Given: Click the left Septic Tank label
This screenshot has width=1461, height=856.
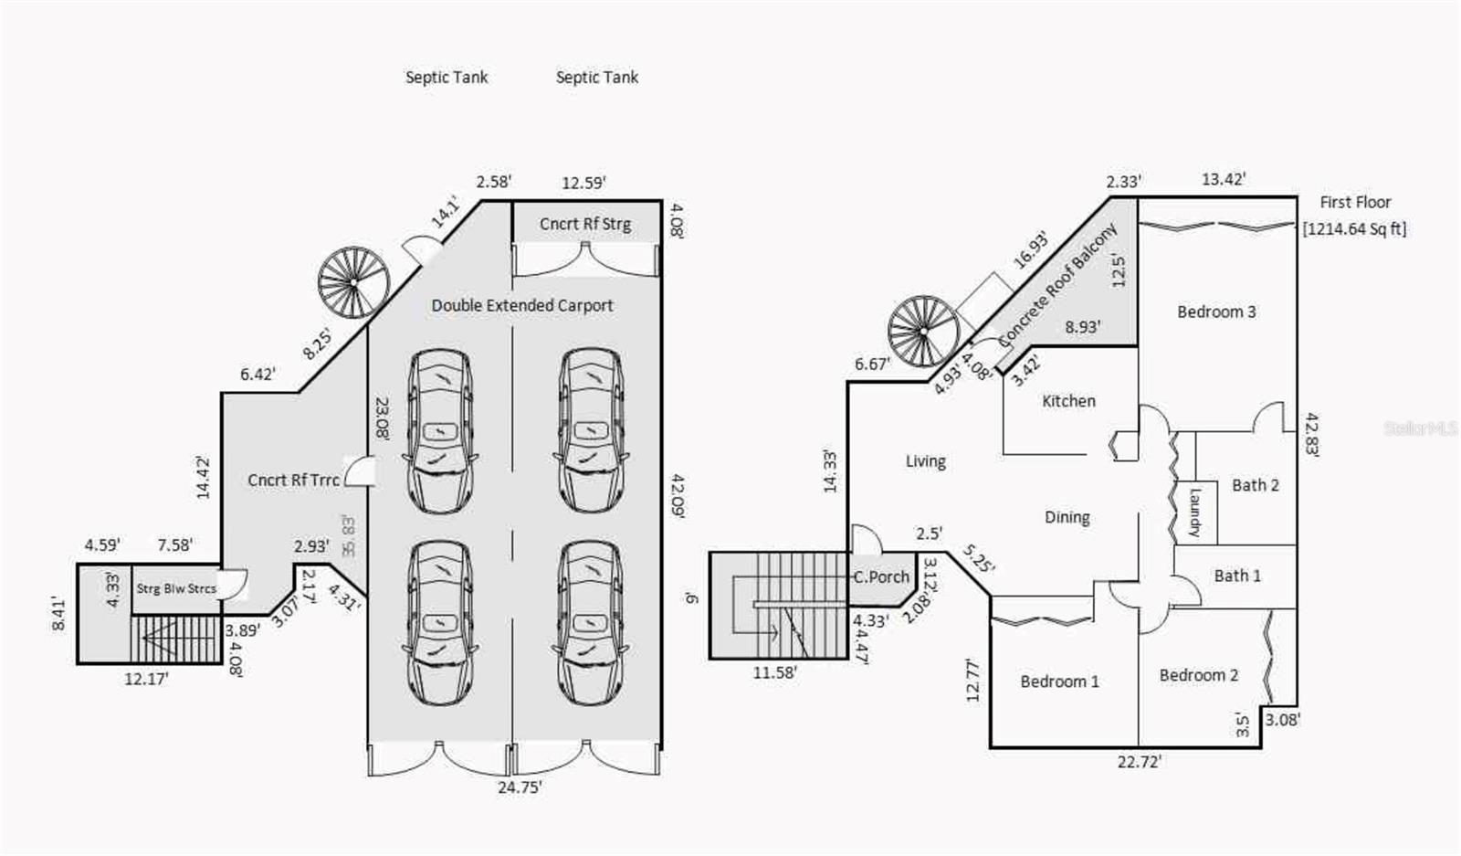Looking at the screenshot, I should point(447,78).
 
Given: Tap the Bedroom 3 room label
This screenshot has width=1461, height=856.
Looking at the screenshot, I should point(1216,312).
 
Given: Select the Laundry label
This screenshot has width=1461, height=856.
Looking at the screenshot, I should point(1194,512).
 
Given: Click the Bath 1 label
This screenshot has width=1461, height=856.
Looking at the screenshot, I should point(1237,576).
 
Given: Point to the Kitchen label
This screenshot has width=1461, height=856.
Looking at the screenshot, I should point(1068,401).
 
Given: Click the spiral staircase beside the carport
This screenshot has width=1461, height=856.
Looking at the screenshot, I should point(352,282).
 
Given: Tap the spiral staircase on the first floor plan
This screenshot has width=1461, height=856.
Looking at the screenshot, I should point(923,331).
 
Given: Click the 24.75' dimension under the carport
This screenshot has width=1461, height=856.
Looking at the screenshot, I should point(520,787).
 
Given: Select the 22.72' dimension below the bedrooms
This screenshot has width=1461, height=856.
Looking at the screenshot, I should point(1139,761).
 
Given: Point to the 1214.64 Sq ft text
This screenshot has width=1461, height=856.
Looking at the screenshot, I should point(1354,229).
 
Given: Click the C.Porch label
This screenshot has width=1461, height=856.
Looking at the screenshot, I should point(881,577).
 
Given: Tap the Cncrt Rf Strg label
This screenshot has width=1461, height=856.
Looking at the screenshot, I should point(584,224).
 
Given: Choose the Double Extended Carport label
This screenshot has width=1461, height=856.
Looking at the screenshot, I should point(522,305).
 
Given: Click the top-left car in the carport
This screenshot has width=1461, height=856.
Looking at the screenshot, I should point(440,431).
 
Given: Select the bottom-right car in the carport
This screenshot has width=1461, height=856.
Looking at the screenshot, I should point(591,623).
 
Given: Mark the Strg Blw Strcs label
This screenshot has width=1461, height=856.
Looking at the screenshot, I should point(176,588).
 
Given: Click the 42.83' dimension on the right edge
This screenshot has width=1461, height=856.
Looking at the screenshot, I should point(1311,434).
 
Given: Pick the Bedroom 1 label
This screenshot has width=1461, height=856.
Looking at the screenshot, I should point(1059,682).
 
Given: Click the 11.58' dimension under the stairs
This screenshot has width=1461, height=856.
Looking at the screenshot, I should point(774,673).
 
